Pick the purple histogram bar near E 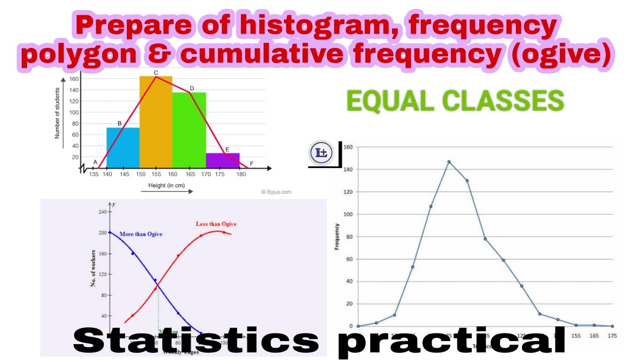(222, 160)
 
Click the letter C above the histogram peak (156, 72)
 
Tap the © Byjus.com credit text (276, 191)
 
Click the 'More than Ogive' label (140, 234)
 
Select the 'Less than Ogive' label (216, 224)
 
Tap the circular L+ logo (321, 153)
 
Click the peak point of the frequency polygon (448, 161)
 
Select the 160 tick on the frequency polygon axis (347, 147)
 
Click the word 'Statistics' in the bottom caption (196, 340)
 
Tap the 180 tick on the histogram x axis (241, 174)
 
